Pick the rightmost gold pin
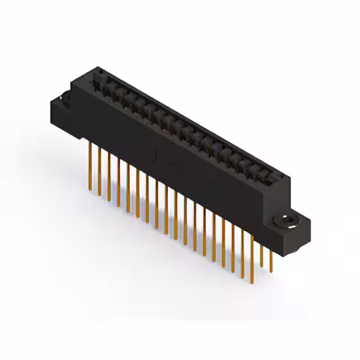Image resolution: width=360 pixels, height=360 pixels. [271, 259]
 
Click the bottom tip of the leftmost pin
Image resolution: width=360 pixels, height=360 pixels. [90, 190]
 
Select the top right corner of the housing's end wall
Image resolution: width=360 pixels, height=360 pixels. [291, 179]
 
